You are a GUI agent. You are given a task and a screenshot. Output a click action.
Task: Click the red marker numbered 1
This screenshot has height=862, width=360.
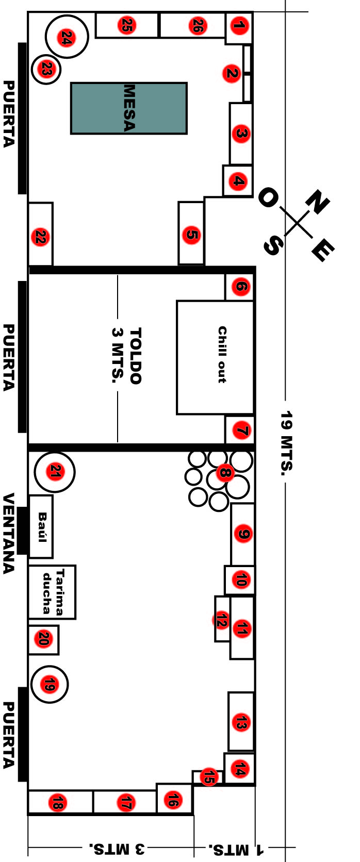click(239, 26)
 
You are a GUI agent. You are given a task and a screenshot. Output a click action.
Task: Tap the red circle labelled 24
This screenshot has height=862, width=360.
click(67, 38)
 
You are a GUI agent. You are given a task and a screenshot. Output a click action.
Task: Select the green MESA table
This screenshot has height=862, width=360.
click(129, 108)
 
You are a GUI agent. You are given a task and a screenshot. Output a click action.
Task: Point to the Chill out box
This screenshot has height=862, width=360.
click(215, 357)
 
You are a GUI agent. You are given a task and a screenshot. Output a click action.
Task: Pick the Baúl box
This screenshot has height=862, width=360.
click(41, 527)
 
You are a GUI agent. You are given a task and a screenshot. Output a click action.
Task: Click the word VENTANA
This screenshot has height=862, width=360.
click(8, 534)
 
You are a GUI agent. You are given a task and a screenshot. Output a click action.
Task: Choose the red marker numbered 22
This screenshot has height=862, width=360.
click(40, 236)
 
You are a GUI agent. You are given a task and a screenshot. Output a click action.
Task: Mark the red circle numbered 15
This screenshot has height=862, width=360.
click(209, 776)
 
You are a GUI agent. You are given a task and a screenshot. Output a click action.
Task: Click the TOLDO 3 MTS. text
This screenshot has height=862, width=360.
click(126, 356)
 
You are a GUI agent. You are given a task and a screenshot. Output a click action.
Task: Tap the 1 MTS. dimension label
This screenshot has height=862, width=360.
click(236, 847)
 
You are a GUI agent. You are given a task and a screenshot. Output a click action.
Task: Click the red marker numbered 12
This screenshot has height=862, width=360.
click(221, 620)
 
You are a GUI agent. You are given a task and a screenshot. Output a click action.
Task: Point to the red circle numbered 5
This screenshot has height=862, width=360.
click(192, 234)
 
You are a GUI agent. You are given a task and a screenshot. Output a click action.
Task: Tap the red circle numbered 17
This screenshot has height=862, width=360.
click(126, 803)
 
